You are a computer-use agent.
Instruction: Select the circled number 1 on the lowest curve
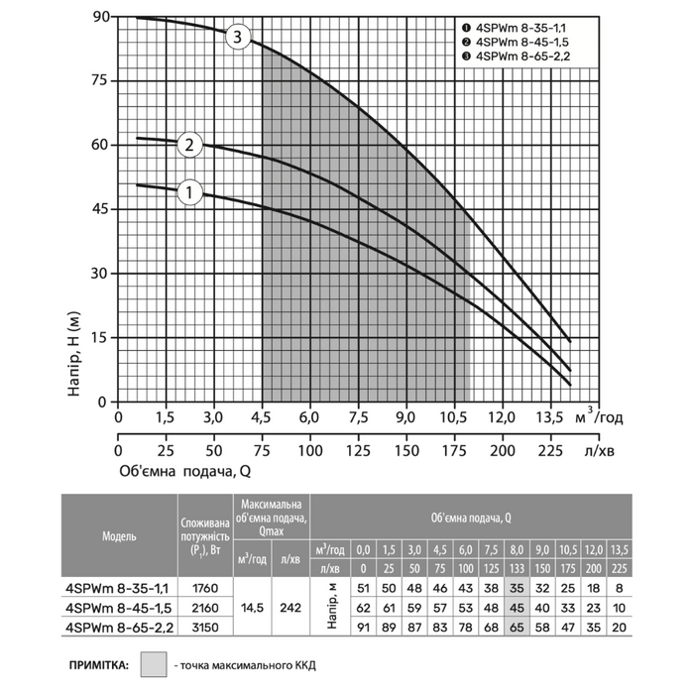click(x=190, y=191)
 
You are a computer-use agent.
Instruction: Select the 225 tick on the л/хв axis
click(x=550, y=451)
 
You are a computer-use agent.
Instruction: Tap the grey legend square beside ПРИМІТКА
click(x=155, y=662)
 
